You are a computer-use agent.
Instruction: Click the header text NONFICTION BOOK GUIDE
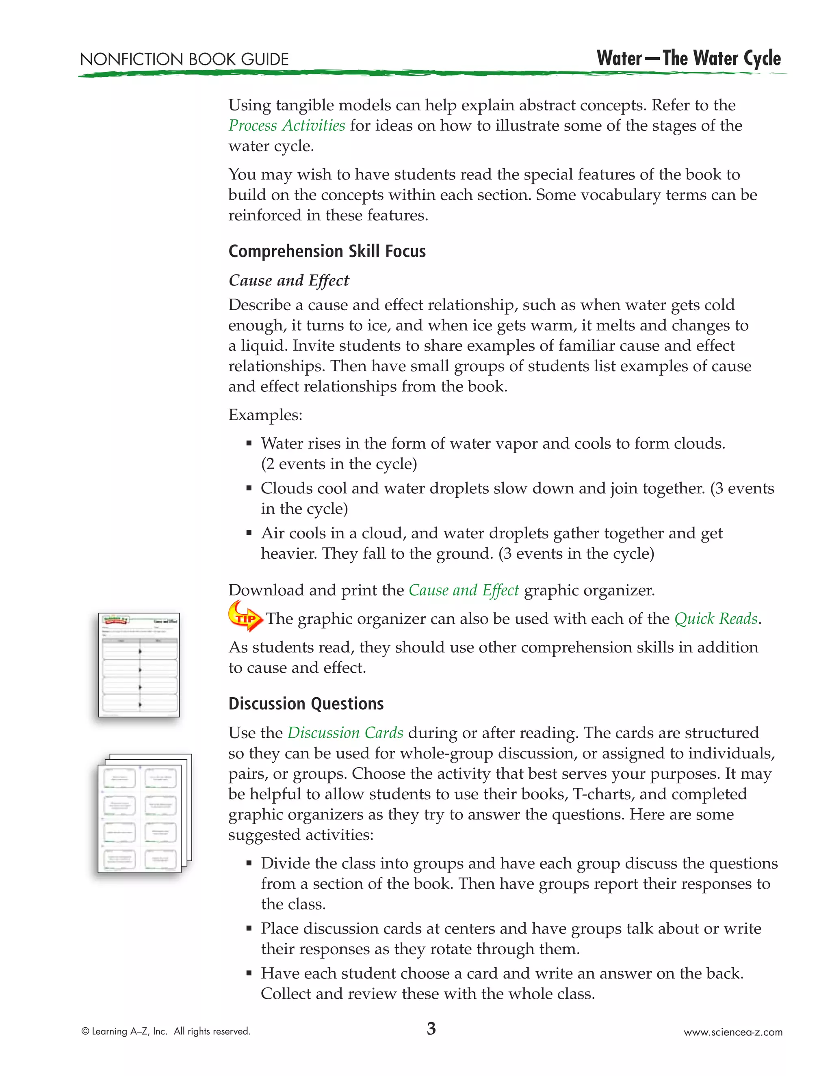pyautogui.click(x=184, y=60)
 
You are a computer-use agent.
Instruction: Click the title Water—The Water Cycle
pyautogui.click(x=688, y=58)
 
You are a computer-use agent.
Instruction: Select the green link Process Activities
pyautogui.click(x=286, y=125)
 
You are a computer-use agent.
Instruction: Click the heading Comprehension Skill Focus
pyautogui.click(x=327, y=251)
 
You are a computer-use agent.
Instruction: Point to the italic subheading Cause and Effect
pyautogui.click(x=288, y=280)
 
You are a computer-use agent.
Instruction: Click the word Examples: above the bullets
pyautogui.click(x=265, y=415)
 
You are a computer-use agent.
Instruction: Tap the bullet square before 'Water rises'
pyautogui.click(x=249, y=444)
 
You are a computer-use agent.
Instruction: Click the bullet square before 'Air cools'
pyautogui.click(x=249, y=534)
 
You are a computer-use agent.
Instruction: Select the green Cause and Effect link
pyautogui.click(x=463, y=590)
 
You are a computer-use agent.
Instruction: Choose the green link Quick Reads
pyautogui.click(x=716, y=619)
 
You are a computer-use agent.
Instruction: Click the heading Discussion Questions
pyautogui.click(x=305, y=704)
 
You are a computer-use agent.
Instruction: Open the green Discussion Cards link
pyautogui.click(x=345, y=733)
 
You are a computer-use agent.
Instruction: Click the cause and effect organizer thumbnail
pyautogui.click(x=139, y=665)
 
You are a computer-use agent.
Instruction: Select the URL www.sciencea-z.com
pyautogui.click(x=732, y=1032)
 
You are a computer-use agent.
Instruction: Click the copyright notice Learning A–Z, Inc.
pyautogui.click(x=166, y=1031)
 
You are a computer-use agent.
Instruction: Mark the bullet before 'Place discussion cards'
pyautogui.click(x=249, y=929)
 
